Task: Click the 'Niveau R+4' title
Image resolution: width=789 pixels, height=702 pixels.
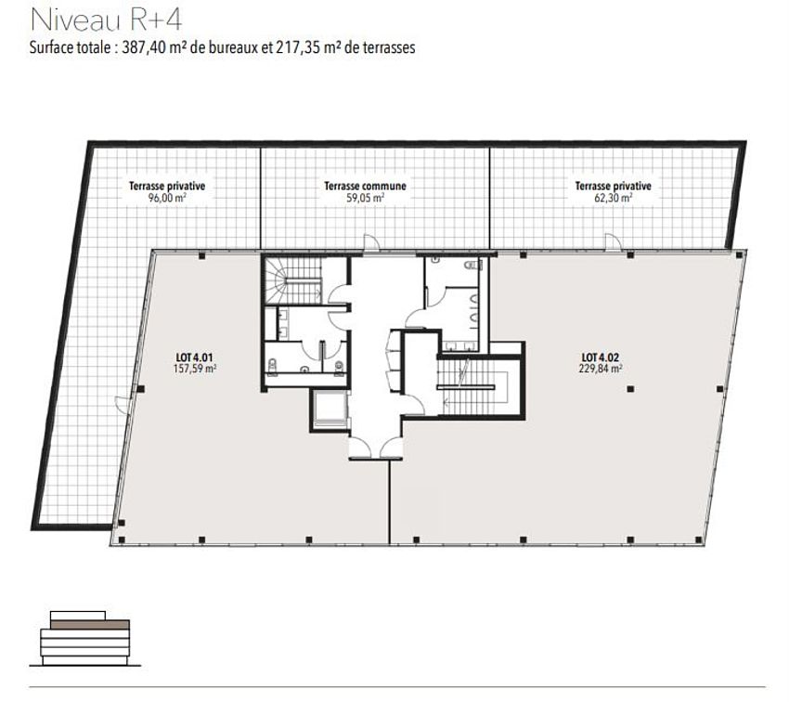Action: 106,20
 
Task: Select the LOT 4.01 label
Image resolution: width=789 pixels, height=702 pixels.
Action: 194,357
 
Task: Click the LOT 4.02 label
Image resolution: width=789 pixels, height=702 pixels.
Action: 601,357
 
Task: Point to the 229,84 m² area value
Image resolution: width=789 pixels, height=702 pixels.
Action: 601,369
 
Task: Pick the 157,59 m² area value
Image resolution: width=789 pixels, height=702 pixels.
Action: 195,369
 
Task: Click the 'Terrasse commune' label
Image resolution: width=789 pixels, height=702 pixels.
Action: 365,187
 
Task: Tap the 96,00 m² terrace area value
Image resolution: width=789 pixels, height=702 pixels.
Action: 167,198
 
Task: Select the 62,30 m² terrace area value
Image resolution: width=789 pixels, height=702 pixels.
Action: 614,198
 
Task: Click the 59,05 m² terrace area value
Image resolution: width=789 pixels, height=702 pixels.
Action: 366,198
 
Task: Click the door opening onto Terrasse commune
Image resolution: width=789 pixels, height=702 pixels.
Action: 371,243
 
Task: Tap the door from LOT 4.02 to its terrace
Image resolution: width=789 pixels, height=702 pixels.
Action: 614,242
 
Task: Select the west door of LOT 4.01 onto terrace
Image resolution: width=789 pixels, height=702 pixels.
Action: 123,403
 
